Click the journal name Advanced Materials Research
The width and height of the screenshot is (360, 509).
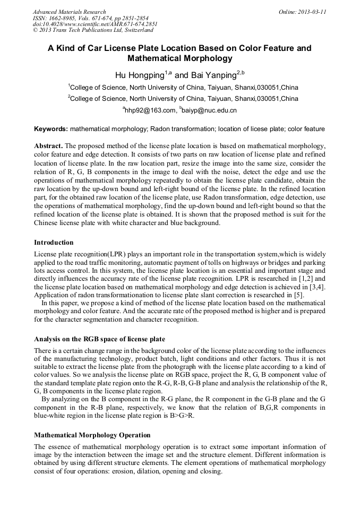[69, 12]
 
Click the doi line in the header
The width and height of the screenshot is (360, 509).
[95, 24]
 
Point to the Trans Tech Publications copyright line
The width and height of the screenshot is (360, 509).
[93, 30]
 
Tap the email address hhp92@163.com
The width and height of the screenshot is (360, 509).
[150, 110]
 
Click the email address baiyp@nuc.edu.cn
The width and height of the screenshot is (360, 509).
[210, 110]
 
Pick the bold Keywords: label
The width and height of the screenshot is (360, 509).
[51, 129]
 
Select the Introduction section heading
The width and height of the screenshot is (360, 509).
[54, 243]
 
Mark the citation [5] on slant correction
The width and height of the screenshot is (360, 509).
[299, 295]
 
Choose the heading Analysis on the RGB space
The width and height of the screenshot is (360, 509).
[99, 339]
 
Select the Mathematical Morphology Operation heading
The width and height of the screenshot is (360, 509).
[92, 435]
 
